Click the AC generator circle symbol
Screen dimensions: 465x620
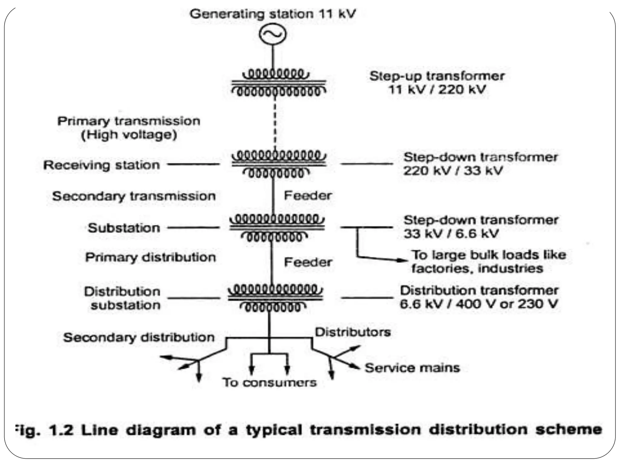click(272, 34)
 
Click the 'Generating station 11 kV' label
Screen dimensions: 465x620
click(272, 14)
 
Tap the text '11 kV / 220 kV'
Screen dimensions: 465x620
click(437, 90)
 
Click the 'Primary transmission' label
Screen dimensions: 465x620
click(129, 121)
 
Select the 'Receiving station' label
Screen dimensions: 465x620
click(101, 165)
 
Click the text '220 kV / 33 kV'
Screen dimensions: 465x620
click(453, 171)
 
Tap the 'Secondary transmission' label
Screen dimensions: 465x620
click(134, 196)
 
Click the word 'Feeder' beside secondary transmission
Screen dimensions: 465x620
click(308, 196)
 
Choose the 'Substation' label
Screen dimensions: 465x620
click(124, 228)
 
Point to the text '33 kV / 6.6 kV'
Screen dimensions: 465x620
click(451, 234)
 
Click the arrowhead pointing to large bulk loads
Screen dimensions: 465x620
click(403, 260)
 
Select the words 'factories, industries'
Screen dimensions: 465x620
click(477, 269)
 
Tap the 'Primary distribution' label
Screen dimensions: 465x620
click(150, 257)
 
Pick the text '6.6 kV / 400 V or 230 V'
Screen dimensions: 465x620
click(478, 304)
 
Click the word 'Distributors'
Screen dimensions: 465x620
click(353, 332)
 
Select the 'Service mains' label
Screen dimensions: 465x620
click(412, 368)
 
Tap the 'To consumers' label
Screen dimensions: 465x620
click(270, 382)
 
